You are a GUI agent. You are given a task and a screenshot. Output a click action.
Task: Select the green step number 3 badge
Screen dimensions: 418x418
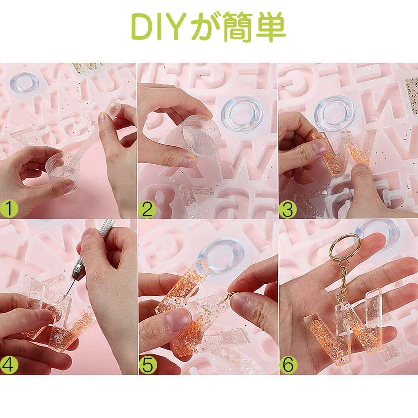tap(288, 209)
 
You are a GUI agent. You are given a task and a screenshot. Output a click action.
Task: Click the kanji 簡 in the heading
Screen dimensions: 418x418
tap(237, 27)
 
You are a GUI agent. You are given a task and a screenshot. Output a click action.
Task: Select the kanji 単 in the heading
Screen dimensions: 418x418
tap(271, 27)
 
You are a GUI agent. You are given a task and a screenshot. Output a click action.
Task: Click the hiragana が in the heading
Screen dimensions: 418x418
tap(206, 27)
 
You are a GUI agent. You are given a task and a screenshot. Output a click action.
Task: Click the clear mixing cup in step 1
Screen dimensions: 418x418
tap(60, 169)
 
